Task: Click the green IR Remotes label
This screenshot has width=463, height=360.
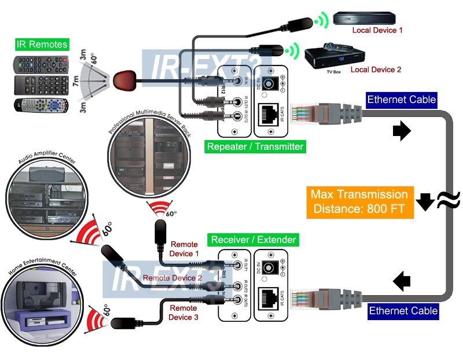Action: pyautogui.click(x=42, y=44)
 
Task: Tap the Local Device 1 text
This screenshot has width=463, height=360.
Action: pyautogui.click(x=377, y=30)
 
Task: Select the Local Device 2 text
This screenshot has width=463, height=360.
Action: pyautogui.click(x=376, y=69)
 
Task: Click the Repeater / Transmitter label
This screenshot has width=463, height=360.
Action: pyautogui.click(x=255, y=146)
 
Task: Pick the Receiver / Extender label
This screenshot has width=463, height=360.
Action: pyautogui.click(x=253, y=239)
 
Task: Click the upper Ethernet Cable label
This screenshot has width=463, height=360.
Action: pyautogui.click(x=402, y=99)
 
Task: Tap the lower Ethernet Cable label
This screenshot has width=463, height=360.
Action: pyautogui.click(x=403, y=311)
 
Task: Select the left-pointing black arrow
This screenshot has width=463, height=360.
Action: pyautogui.click(x=401, y=282)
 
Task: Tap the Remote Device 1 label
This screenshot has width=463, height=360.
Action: pyautogui.click(x=184, y=249)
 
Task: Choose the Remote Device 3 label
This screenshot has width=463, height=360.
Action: pyautogui.click(x=183, y=313)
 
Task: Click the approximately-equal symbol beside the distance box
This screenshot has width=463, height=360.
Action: pyautogui.click(x=448, y=200)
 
